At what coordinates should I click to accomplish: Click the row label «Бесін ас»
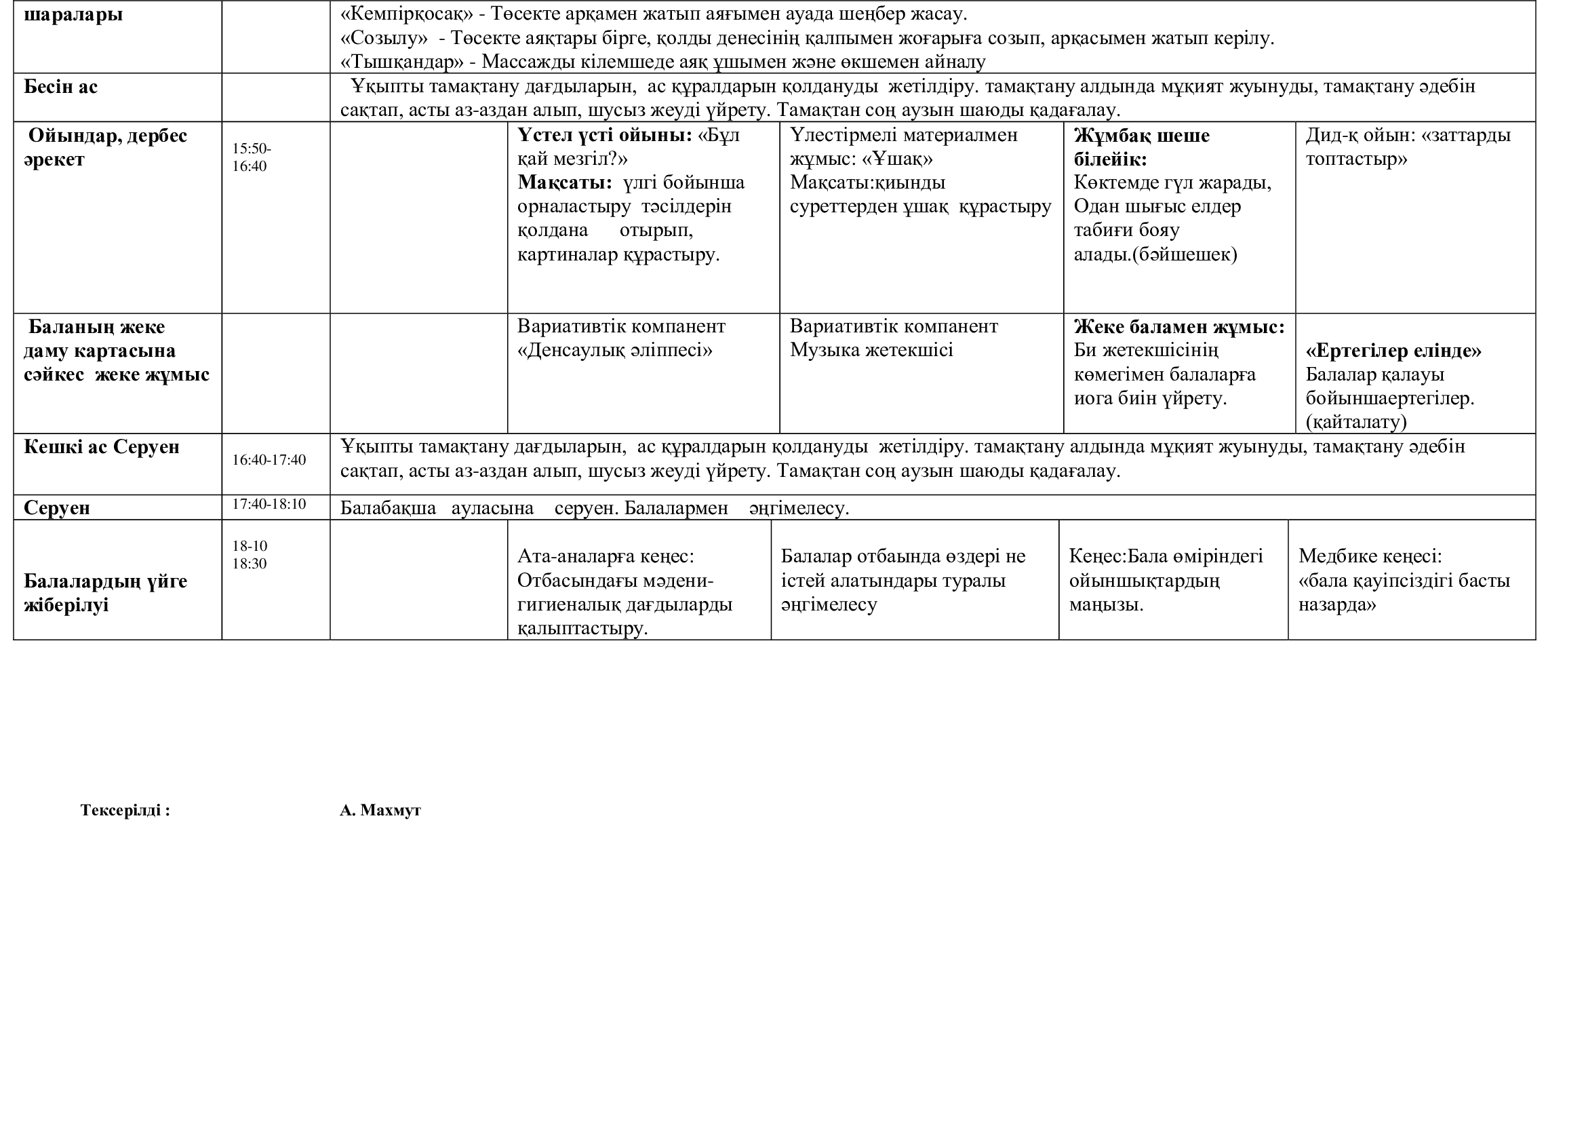click(61, 87)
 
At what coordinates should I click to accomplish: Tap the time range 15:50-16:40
click(251, 157)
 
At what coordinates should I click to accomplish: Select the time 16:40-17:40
click(269, 460)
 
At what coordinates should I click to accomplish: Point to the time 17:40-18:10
click(269, 504)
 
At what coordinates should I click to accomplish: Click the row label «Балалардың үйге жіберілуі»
click(105, 593)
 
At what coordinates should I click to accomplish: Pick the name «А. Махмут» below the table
click(380, 811)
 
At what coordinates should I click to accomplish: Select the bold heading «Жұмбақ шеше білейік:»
click(1141, 147)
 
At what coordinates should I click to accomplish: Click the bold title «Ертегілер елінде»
click(1393, 351)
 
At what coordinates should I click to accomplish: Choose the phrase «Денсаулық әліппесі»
click(615, 350)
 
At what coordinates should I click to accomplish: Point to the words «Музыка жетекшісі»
click(871, 350)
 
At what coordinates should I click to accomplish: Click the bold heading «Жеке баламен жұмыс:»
click(1178, 327)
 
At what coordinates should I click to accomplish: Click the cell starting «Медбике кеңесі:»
click(1404, 581)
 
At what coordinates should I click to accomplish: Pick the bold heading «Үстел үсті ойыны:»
click(604, 136)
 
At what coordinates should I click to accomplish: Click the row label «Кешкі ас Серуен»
click(102, 447)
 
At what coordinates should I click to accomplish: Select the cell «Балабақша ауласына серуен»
click(594, 509)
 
